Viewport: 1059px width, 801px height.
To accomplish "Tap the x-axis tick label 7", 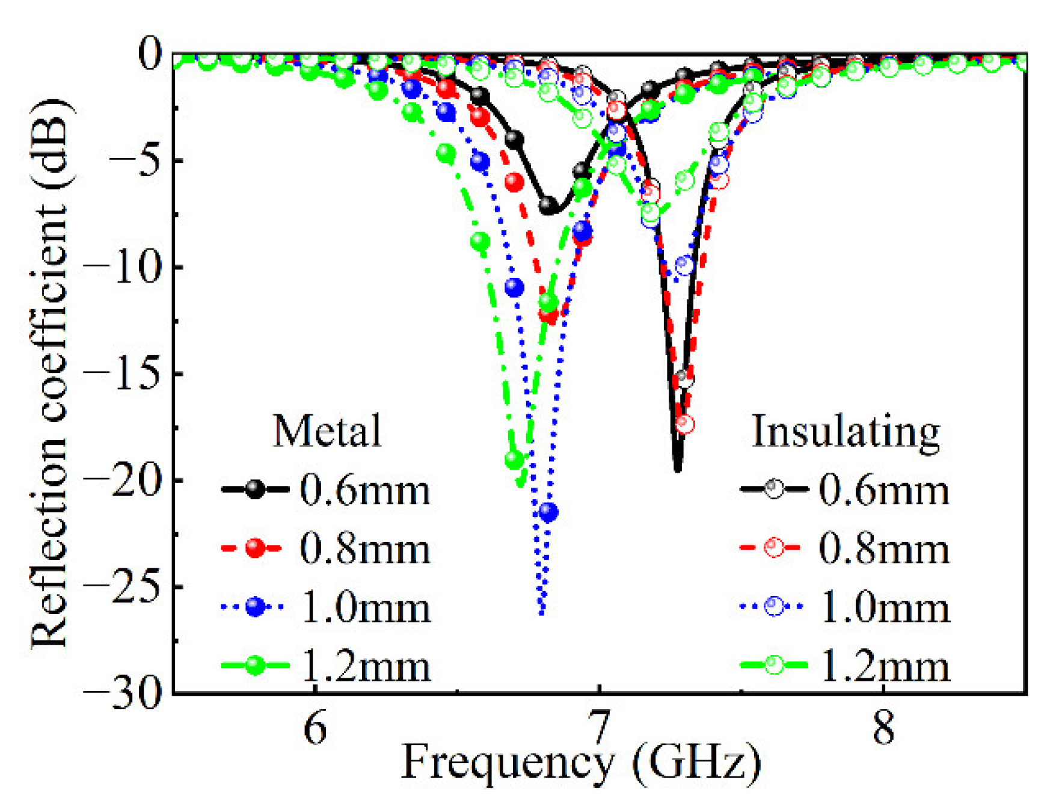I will tap(599, 728).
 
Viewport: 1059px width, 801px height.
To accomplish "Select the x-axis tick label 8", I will tap(883, 728).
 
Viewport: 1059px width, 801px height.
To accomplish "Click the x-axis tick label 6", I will tap(315, 728).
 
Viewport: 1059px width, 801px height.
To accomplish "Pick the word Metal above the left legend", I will tap(327, 431).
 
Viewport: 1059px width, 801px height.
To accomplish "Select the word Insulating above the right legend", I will tap(846, 432).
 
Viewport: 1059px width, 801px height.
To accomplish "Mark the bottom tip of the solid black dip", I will tap(678, 470).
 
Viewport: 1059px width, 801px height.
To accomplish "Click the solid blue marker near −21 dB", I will tap(548, 512).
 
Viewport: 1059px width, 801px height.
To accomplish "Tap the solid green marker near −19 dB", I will tap(514, 460).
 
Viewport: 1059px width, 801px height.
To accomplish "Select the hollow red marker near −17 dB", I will tap(685, 425).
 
